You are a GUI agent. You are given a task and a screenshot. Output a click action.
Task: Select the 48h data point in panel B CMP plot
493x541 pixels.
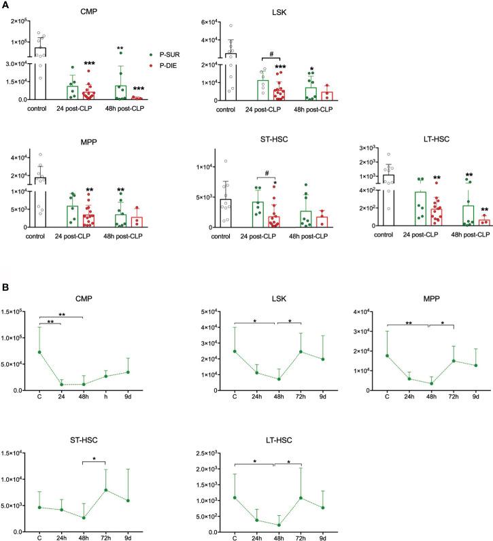[83, 384]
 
